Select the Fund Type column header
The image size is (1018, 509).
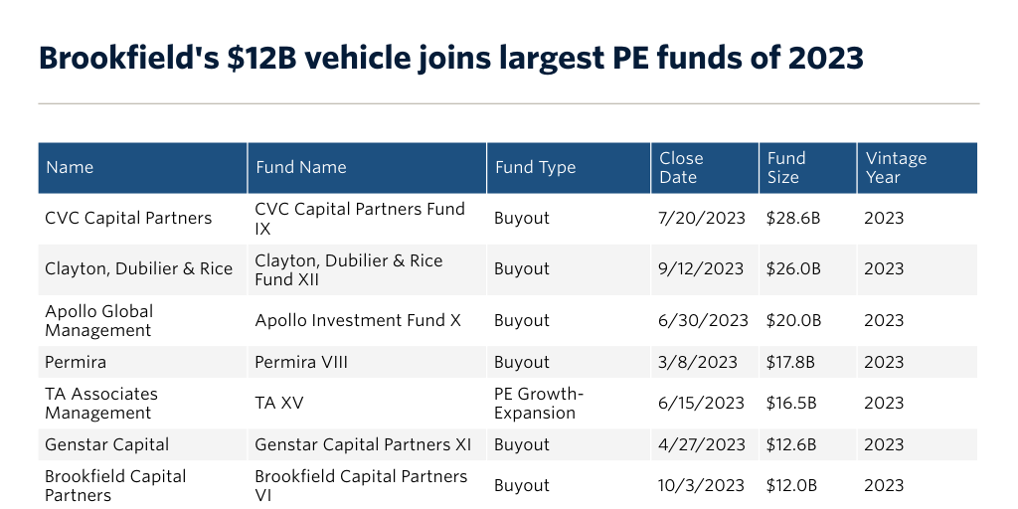pos(535,167)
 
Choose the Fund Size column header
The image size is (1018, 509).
pos(786,167)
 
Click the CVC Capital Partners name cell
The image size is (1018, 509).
pos(128,218)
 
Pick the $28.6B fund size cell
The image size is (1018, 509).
pos(793,218)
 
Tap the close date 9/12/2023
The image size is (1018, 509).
pos(701,269)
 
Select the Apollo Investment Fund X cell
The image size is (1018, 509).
pos(359,320)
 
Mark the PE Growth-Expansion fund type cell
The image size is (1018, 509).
pos(538,403)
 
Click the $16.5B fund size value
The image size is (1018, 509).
pos(792,403)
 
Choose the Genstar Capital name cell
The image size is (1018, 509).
pos(107,444)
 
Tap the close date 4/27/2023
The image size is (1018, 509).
pos(701,444)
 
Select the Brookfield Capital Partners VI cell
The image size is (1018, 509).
pos(361,485)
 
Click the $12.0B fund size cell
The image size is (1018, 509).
pos(793,485)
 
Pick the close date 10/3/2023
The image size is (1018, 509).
pos(701,485)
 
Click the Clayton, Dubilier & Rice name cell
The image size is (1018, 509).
pos(138,269)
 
